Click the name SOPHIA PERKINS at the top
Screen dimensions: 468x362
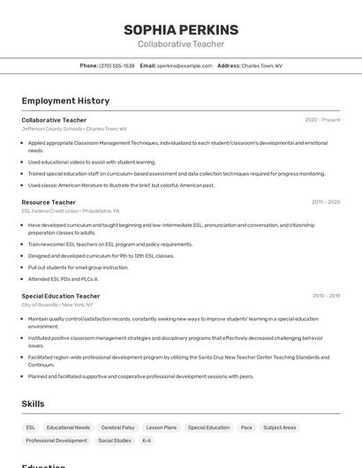pyautogui.click(x=181, y=30)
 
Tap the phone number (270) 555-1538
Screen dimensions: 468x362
pyautogui.click(x=117, y=66)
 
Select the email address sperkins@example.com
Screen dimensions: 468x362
pyautogui.click(x=185, y=66)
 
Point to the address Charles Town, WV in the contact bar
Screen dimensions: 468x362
pyautogui.click(x=261, y=66)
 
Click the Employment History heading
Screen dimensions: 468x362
pyautogui.click(x=65, y=101)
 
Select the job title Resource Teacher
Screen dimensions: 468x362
pyautogui.click(x=49, y=202)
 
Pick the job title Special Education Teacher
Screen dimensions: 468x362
pyautogui.click(x=61, y=296)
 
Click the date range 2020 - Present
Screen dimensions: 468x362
pyautogui.click(x=322, y=120)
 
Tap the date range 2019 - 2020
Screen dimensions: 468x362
pyautogui.click(x=326, y=202)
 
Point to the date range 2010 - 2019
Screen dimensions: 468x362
pyautogui.click(x=326, y=296)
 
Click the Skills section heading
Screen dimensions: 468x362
pyautogui.click(x=33, y=404)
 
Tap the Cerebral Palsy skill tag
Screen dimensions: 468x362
pyautogui.click(x=117, y=427)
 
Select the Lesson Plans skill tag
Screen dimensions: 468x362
pyautogui.click(x=161, y=427)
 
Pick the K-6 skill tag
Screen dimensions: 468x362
pyautogui.click(x=147, y=441)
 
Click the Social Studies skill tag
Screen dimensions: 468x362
pyautogui.click(x=114, y=441)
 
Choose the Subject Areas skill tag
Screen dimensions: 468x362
pyautogui.click(x=280, y=427)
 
